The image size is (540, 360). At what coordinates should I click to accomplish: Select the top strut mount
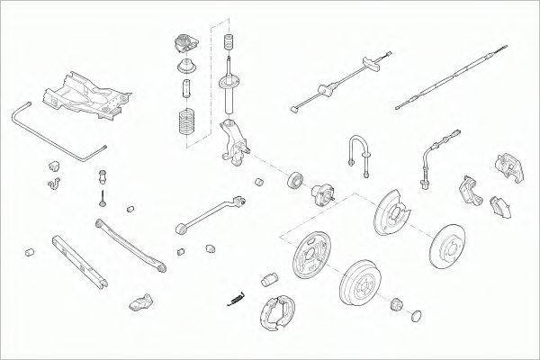tap(184, 44)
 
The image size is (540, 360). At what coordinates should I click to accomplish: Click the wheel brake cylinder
tap(267, 280)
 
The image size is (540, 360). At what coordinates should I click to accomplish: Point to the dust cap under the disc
tap(416, 316)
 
